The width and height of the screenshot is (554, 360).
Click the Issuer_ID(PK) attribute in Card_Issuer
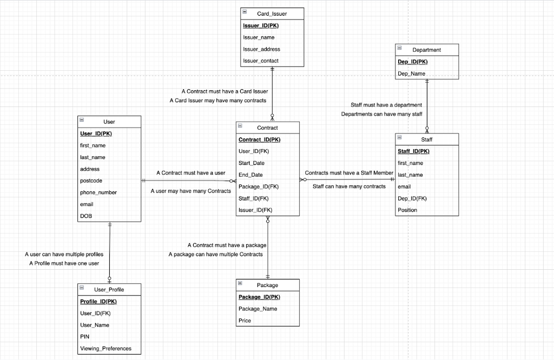coord(261,25)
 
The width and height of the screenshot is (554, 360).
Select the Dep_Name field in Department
coord(412,74)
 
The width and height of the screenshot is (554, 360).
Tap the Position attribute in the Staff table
coord(407,210)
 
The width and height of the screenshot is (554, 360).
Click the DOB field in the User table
coord(86,216)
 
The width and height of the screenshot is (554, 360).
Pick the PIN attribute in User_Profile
coord(84,337)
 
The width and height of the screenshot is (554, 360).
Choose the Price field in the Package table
coord(245,321)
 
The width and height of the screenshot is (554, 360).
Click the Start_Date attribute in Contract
coord(252,163)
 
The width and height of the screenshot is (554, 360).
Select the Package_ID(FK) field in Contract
coord(259,186)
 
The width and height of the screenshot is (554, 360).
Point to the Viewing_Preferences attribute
coord(105,349)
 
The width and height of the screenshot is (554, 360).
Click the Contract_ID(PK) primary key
coord(260,139)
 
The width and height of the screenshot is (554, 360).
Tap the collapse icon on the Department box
coord(400,49)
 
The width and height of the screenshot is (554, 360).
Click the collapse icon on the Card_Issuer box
coord(245,12)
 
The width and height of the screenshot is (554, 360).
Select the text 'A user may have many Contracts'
coord(190,191)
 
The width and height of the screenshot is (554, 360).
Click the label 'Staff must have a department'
coord(386,105)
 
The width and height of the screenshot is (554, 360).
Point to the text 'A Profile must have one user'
coord(64,263)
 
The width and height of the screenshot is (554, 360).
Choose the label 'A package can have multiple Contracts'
coord(215,254)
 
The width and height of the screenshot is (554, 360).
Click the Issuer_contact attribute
coord(261,61)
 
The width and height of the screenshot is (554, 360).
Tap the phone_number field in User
coord(98,192)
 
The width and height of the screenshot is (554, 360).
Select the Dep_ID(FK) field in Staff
coord(412,198)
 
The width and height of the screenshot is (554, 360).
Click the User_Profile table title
coord(109,289)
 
